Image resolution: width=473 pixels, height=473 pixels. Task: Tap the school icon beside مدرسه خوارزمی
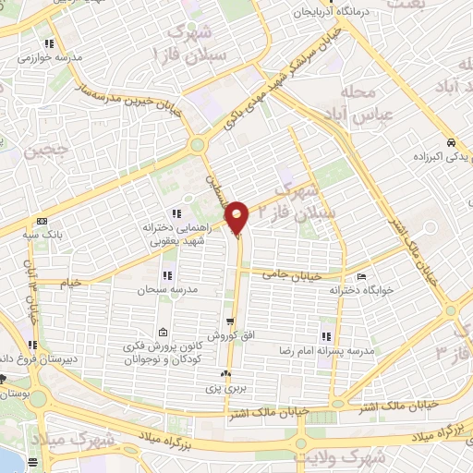pyautogui.click(x=49, y=42)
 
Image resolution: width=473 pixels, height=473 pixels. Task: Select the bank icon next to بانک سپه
pyautogui.click(x=42, y=222)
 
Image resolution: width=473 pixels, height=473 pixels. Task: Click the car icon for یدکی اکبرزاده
pyautogui.click(x=450, y=143)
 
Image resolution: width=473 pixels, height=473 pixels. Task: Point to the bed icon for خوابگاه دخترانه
pyautogui.click(x=361, y=276)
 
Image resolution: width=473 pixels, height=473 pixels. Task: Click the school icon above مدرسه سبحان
pyautogui.click(x=167, y=275)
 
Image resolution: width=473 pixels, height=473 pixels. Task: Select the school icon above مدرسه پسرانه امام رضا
pyautogui.click(x=324, y=336)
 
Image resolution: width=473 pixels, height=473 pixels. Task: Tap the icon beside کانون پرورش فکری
pyautogui.click(x=164, y=334)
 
